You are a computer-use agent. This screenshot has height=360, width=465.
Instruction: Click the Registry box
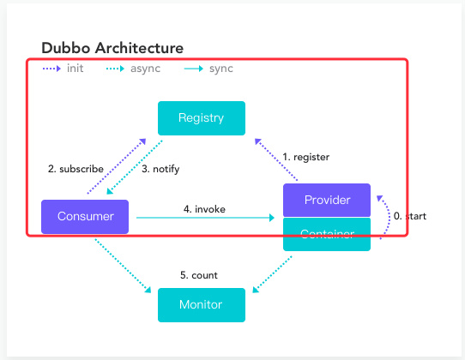tap(202, 118)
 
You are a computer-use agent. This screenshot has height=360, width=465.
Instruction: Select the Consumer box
tap(85, 217)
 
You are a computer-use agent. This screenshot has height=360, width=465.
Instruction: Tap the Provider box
tap(327, 200)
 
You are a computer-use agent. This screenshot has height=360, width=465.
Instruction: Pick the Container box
tap(327, 234)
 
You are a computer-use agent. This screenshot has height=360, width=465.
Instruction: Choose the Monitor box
tap(202, 305)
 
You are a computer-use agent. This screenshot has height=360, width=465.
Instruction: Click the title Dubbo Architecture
tap(112, 48)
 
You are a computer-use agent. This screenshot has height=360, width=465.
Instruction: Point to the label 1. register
tap(305, 157)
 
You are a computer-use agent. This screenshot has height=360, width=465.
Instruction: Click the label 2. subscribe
tap(75, 169)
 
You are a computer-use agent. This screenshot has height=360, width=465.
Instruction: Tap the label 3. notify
tap(160, 169)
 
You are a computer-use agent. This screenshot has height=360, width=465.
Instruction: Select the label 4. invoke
tap(204, 209)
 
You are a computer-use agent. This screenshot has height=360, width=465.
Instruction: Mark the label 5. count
tap(199, 275)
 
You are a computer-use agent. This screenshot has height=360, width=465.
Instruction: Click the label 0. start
tap(410, 216)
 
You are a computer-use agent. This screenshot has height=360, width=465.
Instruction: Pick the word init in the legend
tap(75, 69)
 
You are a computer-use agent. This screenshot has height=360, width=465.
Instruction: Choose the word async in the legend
tap(145, 69)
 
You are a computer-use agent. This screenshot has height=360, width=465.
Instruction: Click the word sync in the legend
tap(221, 69)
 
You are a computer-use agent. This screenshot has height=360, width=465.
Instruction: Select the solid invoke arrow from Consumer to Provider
tap(205, 218)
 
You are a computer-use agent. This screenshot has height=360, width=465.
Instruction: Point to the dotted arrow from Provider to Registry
tap(276, 159)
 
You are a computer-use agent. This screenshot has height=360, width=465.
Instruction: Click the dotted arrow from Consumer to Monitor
tap(123, 266)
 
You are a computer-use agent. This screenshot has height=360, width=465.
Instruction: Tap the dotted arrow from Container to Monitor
tap(272, 274)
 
